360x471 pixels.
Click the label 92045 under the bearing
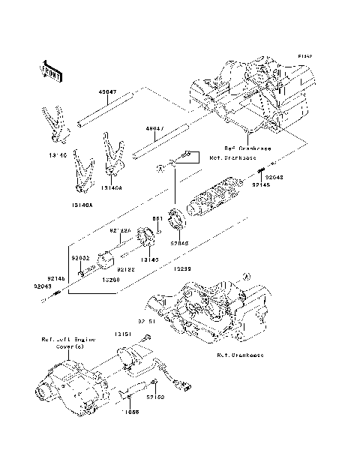click(179, 243)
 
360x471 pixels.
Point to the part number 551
click(157, 219)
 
